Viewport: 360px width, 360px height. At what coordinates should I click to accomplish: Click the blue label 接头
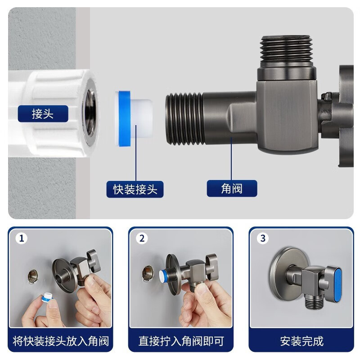click(43, 114)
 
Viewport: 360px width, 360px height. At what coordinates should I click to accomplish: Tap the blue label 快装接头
click(135, 189)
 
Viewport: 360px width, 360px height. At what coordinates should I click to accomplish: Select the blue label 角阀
click(232, 189)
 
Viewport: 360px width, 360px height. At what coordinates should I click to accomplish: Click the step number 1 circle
click(21, 238)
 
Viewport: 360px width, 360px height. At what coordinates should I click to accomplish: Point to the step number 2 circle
click(142, 238)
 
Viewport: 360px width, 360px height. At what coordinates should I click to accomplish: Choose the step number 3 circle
click(262, 238)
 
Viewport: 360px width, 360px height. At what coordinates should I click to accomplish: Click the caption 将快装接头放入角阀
click(61, 341)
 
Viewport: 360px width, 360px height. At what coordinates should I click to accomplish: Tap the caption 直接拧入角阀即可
click(181, 341)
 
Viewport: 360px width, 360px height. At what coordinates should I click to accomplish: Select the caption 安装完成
click(301, 341)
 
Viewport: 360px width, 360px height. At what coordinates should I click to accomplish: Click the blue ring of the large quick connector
click(124, 118)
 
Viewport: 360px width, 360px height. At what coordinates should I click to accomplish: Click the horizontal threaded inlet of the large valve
click(184, 119)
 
